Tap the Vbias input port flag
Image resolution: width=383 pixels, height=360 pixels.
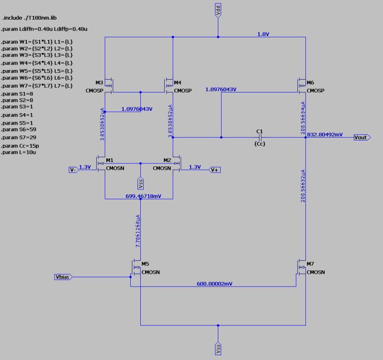(x=63, y=277)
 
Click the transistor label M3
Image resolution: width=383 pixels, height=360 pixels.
(x=99, y=82)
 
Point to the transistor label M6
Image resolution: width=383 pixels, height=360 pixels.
(x=311, y=82)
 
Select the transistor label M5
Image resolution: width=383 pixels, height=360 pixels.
(x=146, y=264)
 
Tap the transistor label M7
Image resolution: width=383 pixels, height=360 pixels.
(x=311, y=264)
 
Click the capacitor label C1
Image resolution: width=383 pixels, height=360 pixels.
(x=259, y=131)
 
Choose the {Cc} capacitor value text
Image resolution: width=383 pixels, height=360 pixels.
(x=259, y=144)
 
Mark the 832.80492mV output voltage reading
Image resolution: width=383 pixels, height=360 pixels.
(x=325, y=135)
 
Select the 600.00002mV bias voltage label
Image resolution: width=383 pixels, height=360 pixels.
(x=214, y=284)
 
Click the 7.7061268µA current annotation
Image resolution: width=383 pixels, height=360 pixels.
(x=138, y=230)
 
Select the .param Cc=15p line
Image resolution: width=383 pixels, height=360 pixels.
(x=21, y=145)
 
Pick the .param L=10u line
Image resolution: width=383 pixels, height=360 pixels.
(x=20, y=152)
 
